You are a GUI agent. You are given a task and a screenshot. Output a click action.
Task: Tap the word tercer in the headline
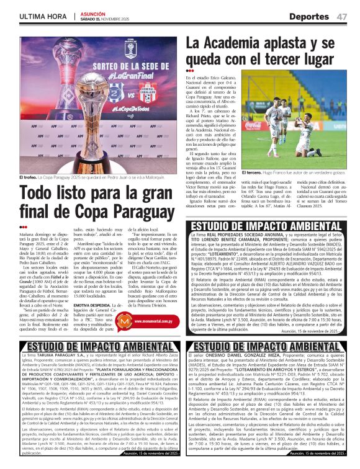point(302,62)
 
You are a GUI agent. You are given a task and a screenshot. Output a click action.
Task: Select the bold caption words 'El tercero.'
point(254,172)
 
